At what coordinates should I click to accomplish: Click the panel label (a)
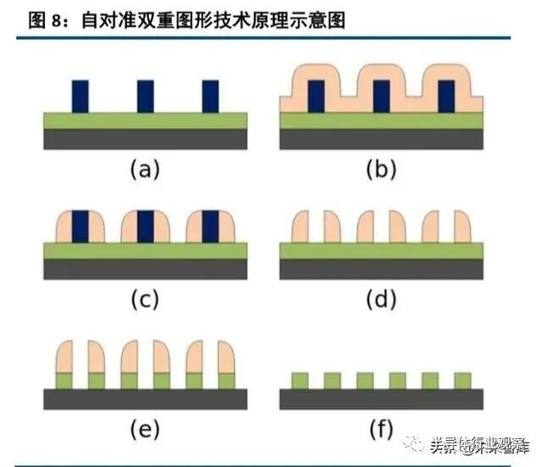click(145, 169)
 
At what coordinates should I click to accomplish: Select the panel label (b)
click(381, 169)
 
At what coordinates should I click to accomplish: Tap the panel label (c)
click(145, 299)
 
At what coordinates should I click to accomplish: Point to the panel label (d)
click(381, 299)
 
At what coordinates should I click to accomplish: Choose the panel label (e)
click(145, 430)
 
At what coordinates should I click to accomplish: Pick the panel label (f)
click(381, 430)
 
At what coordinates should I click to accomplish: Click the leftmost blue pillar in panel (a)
click(80, 96)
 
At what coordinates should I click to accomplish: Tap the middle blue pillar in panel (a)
click(146, 96)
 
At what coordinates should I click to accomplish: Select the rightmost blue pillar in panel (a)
click(210, 96)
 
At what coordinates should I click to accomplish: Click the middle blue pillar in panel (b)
click(381, 96)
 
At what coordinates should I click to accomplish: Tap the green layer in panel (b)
click(381, 120)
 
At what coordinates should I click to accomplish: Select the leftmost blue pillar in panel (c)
click(80, 226)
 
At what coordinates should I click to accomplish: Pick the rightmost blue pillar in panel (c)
click(210, 226)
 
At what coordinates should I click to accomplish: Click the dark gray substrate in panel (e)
click(145, 398)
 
